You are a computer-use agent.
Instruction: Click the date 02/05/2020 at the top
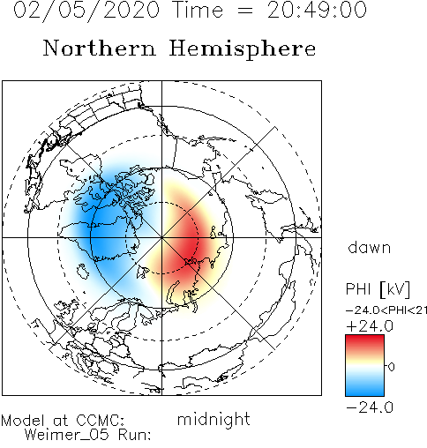click(86, 11)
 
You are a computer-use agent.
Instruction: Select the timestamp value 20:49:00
click(317, 10)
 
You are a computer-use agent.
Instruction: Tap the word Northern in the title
click(100, 49)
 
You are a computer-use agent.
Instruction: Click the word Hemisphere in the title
click(243, 49)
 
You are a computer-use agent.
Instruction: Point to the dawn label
click(370, 248)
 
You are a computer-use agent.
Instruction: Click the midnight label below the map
click(213, 420)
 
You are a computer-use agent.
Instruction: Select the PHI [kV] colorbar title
click(378, 289)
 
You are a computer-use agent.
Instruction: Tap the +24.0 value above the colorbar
click(370, 326)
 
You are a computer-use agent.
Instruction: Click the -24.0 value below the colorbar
click(370, 407)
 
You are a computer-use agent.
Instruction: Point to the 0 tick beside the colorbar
click(392, 367)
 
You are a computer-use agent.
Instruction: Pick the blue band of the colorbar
click(364, 388)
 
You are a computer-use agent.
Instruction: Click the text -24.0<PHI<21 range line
click(386, 310)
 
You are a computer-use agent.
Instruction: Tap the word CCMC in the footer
click(100, 421)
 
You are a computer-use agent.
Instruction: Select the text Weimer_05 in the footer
click(66, 435)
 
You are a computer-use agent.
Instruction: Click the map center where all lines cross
click(161, 237)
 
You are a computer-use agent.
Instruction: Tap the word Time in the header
click(199, 10)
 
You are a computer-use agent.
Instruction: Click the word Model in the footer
click(23, 421)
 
